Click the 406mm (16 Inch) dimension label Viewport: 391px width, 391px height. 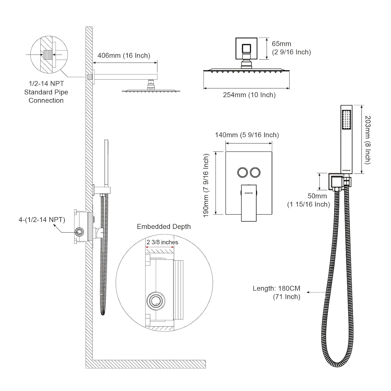[124, 56]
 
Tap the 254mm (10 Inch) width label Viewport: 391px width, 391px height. [249, 95]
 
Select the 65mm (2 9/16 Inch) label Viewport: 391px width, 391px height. [291, 48]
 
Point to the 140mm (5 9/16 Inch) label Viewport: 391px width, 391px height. [247, 135]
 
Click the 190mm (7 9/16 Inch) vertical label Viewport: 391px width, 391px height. [206, 185]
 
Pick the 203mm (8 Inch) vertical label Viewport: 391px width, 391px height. [368, 140]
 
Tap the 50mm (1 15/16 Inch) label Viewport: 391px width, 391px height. [309, 200]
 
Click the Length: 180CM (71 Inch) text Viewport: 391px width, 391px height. [277, 292]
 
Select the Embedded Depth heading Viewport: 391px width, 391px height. [164, 227]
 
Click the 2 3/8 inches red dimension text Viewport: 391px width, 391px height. [162, 242]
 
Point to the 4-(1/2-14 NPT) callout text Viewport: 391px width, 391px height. [42, 220]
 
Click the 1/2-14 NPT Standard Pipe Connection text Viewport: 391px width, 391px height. [46, 92]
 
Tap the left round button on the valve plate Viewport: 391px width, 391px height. [242, 172]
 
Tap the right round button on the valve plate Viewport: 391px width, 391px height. [255, 172]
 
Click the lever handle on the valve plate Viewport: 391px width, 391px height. [249, 202]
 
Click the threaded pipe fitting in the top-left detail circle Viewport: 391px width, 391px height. [47, 54]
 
